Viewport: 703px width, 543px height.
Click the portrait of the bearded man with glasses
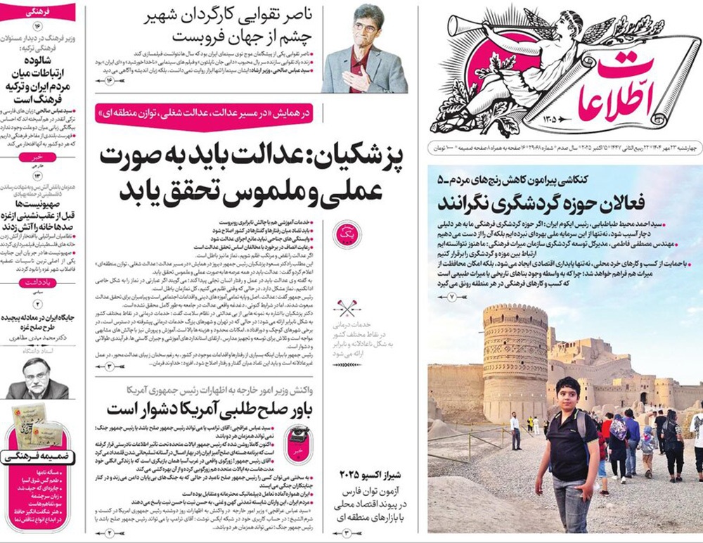click(x=37, y=378)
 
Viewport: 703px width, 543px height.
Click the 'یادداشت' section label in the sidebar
click(x=37, y=281)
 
